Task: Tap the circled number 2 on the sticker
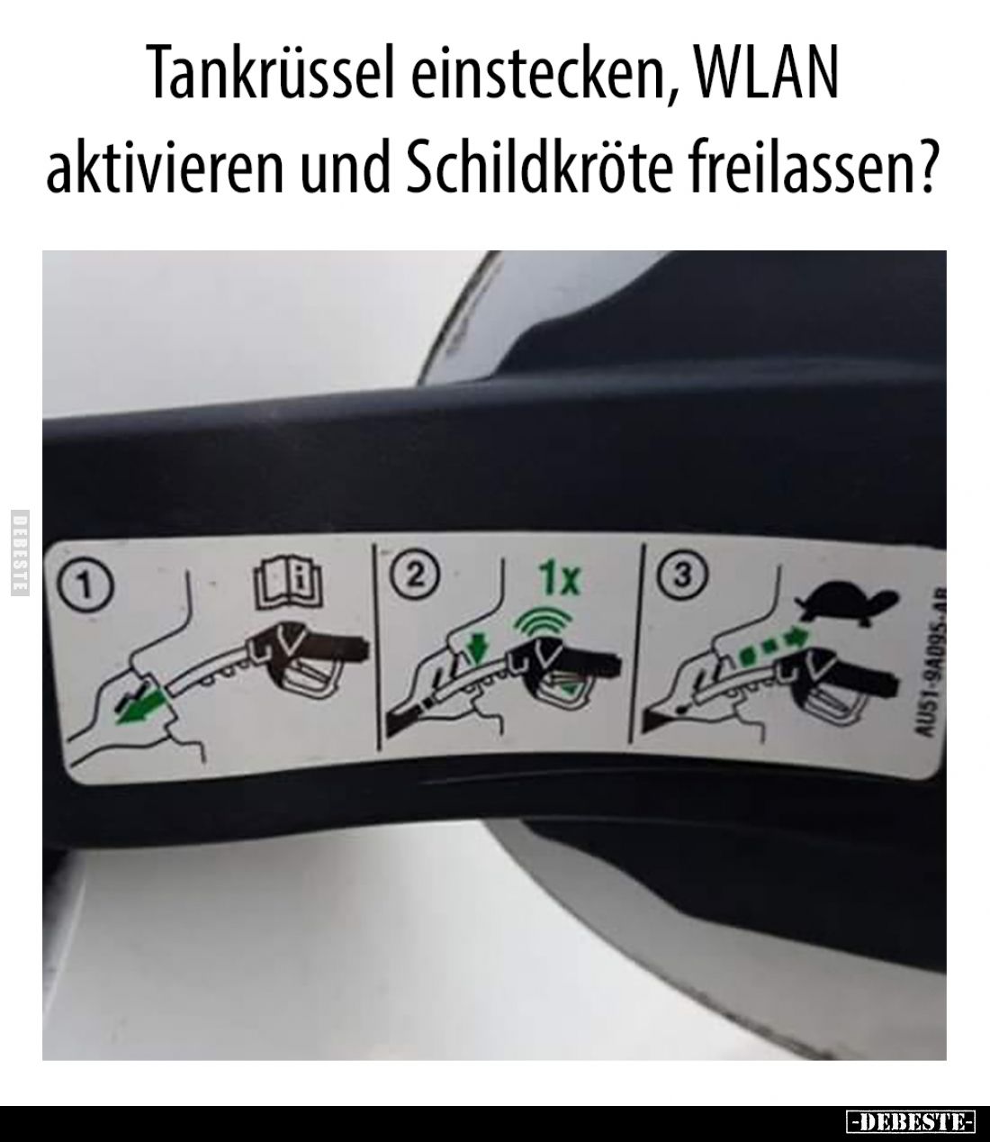click(413, 574)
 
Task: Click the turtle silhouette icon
click(847, 604)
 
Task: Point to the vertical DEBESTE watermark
click(20, 553)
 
